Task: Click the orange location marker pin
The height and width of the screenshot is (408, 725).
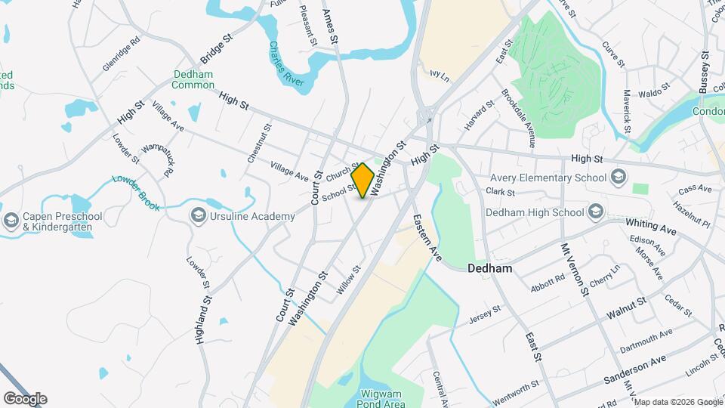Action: pos(363,181)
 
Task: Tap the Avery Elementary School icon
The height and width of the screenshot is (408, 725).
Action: pos(619,178)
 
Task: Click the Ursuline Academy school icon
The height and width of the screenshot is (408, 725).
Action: pos(199,217)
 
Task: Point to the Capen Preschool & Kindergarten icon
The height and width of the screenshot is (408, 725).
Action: pos(11,221)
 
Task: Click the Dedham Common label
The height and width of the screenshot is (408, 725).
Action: pos(193,79)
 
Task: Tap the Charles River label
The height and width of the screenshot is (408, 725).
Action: pos(282,62)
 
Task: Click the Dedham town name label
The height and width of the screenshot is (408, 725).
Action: pos(490,268)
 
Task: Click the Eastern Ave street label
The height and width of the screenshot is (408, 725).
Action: pos(427,238)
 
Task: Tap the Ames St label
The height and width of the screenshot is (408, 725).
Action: pos(330,26)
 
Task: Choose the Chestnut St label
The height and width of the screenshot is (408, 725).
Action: pos(258,144)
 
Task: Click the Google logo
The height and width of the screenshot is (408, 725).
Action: pos(25,399)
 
